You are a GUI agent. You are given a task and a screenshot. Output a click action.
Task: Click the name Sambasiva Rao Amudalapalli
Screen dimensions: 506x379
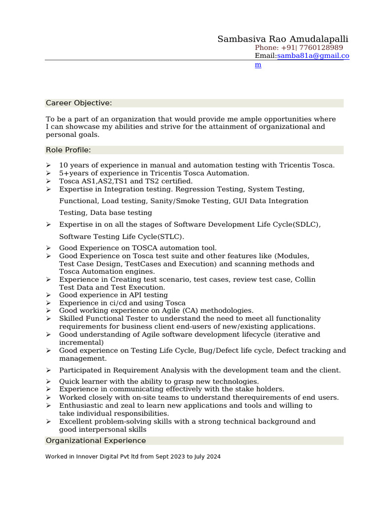[283, 39]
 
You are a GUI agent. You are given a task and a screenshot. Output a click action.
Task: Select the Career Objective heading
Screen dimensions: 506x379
[79, 103]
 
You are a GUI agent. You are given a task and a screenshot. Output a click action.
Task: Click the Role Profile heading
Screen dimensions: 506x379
[69, 150]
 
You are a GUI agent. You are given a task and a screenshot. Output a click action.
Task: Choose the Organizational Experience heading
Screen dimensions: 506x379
[96, 440]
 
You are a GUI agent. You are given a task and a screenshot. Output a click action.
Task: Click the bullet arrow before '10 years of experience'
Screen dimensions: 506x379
[48, 166]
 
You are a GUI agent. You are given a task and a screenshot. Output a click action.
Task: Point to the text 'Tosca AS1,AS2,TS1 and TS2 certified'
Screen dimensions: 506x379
[126, 181]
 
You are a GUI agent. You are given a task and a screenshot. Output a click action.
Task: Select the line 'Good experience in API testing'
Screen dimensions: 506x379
[114, 295]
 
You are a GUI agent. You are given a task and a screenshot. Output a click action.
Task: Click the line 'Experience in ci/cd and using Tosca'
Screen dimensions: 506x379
[122, 303]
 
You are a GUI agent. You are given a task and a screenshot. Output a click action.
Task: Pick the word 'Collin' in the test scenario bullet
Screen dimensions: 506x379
[305, 279]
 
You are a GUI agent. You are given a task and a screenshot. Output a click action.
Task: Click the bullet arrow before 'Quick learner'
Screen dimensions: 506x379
[48, 381]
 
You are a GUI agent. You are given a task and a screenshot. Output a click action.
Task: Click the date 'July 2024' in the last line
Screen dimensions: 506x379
[207, 457]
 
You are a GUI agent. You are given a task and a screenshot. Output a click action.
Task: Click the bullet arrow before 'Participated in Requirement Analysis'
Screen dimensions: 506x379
[48, 370]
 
